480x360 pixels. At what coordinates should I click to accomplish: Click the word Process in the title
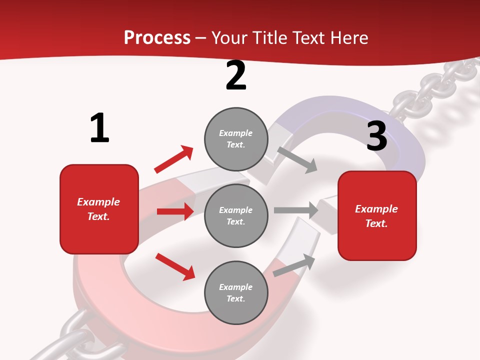(157, 37)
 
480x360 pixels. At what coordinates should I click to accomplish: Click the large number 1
(99, 128)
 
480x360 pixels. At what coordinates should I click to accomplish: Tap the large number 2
(236, 75)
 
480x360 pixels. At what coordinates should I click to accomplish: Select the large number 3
(376, 136)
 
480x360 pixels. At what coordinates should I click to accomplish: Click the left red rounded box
(99, 209)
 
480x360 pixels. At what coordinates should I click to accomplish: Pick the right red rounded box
(377, 215)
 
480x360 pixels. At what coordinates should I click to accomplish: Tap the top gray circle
(236, 139)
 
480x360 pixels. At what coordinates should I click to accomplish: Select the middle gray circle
(236, 215)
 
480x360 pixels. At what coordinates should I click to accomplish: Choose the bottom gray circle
(236, 292)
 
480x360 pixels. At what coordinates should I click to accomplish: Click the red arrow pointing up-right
(174, 159)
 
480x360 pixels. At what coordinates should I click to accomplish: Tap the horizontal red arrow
(175, 211)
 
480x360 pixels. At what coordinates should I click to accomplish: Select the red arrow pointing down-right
(175, 266)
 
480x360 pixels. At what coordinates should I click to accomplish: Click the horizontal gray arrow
(296, 210)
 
